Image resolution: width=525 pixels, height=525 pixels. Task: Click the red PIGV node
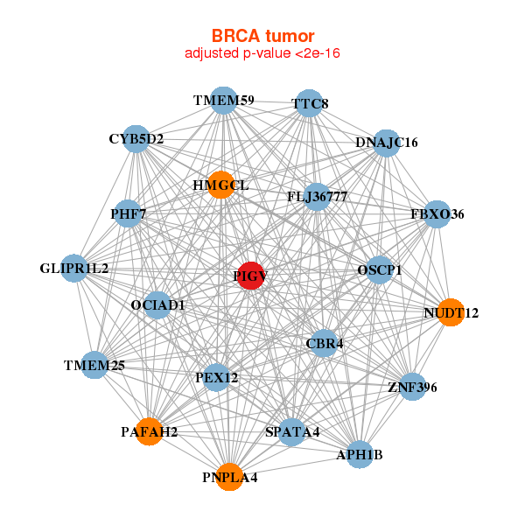pos(250,276)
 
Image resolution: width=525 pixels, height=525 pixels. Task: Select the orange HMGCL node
pos(220,185)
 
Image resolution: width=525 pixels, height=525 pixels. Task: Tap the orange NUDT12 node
pos(450,311)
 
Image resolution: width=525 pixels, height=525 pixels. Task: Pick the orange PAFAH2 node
pos(150,431)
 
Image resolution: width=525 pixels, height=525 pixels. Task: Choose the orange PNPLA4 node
pos(229,476)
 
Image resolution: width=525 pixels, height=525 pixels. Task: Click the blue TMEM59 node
pos(224,101)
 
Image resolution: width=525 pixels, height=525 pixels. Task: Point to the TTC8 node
pos(309,103)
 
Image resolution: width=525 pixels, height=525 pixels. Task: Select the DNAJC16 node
pos(386,143)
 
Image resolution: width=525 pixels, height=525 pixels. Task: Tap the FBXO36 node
pos(436,214)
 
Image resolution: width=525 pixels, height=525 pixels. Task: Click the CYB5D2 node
pos(136,138)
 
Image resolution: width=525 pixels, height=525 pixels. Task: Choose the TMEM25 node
pos(94,365)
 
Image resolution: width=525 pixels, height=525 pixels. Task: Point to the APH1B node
pos(360,454)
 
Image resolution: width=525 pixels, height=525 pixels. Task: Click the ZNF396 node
pos(412,386)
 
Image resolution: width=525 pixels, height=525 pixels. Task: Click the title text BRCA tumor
pos(262,36)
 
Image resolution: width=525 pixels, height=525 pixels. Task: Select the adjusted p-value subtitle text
pos(262,53)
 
